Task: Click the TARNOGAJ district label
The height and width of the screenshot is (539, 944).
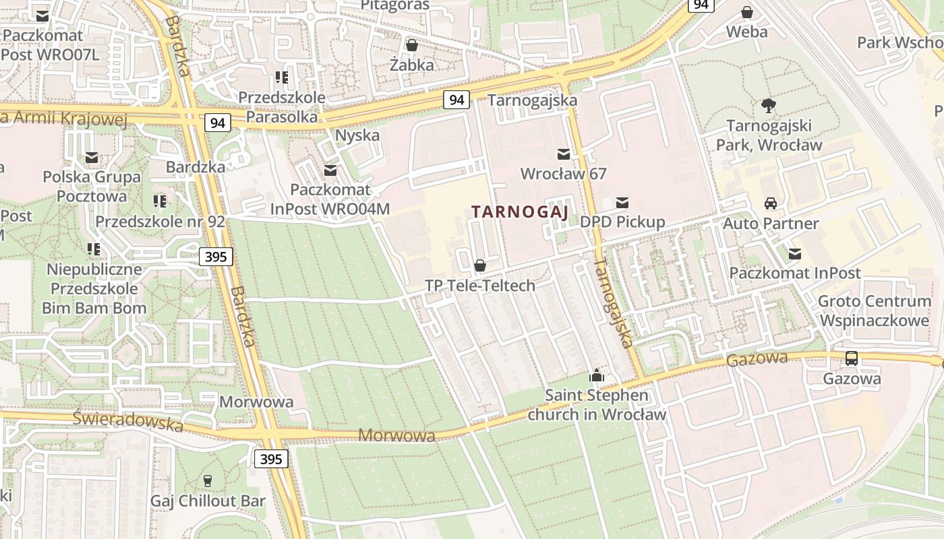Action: (x=520, y=212)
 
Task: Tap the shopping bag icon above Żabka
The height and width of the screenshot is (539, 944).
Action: (x=411, y=45)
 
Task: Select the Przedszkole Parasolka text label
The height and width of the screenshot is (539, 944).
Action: (x=282, y=107)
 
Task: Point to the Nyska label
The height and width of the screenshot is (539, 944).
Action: (x=357, y=135)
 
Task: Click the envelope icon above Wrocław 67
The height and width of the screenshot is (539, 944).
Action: (x=563, y=154)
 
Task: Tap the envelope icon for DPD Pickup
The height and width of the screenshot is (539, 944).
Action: (x=622, y=202)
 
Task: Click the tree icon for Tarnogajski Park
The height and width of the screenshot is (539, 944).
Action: (x=768, y=105)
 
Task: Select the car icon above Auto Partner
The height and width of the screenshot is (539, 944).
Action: (x=770, y=203)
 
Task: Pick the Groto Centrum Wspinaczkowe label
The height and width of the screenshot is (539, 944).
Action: (x=874, y=311)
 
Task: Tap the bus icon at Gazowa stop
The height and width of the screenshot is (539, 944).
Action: (x=852, y=358)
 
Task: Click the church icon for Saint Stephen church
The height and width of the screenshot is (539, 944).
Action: (x=596, y=376)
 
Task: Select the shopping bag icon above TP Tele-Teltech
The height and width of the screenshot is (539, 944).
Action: (x=480, y=265)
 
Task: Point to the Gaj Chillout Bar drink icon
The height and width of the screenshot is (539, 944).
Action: (x=208, y=481)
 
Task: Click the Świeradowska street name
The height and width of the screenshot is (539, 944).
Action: (x=128, y=421)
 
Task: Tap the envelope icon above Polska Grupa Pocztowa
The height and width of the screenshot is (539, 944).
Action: (x=92, y=158)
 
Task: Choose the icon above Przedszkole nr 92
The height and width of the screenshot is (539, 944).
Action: (x=160, y=201)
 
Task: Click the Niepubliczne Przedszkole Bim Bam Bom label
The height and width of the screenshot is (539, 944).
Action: (x=94, y=289)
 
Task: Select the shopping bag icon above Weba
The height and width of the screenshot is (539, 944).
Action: (x=746, y=12)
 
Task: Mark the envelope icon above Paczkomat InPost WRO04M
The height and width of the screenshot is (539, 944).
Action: (x=330, y=170)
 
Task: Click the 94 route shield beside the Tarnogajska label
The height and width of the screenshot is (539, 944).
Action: (x=456, y=100)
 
